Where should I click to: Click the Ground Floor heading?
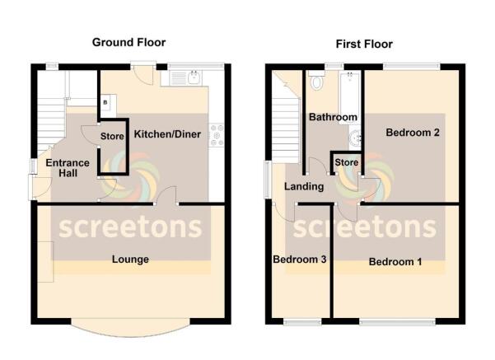pyautogui.click(x=128, y=42)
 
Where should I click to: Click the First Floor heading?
pyautogui.click(x=364, y=44)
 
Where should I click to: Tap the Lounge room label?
pyautogui.click(x=130, y=259)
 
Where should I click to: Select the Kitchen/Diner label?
pyautogui.click(x=167, y=134)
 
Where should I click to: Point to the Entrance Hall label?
pyautogui.click(x=68, y=168)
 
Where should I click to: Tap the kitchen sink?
pyautogui.click(x=194, y=77)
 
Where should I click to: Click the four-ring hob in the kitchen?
pyautogui.click(x=217, y=135)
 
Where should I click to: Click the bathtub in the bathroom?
pyautogui.click(x=349, y=97)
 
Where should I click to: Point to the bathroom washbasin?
pyautogui.click(x=356, y=138)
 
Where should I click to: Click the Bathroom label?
pyautogui.click(x=333, y=117)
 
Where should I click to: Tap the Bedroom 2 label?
pyautogui.click(x=413, y=133)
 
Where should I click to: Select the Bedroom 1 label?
pyautogui.click(x=395, y=262)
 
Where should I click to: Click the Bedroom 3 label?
pyautogui.click(x=300, y=259)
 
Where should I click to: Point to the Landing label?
pyautogui.click(x=304, y=187)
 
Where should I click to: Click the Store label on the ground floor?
pyautogui.click(x=112, y=136)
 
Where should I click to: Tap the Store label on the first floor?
pyautogui.click(x=346, y=162)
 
